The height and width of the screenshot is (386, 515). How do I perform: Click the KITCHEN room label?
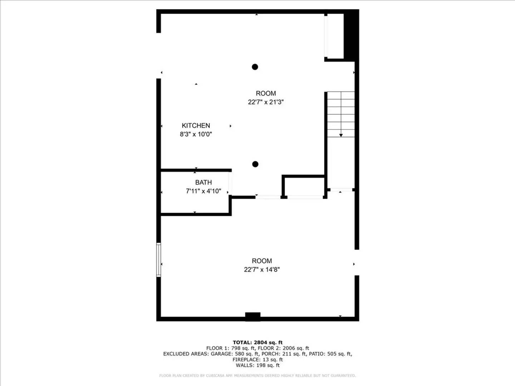(196, 125)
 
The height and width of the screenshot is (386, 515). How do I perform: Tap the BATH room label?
(203, 182)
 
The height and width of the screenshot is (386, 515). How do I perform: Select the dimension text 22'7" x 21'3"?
(266, 102)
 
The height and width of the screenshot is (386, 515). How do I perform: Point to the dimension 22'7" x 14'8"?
(262, 269)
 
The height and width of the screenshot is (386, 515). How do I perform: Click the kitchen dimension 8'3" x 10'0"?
(196, 134)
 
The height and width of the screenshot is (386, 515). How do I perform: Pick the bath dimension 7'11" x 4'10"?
(203, 191)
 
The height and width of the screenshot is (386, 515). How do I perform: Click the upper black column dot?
(255, 67)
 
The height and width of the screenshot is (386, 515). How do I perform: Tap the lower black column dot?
(255, 164)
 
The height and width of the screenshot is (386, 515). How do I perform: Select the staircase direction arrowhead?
(341, 135)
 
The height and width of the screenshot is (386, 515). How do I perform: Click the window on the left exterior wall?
(158, 260)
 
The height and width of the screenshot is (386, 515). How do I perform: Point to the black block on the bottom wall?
(252, 316)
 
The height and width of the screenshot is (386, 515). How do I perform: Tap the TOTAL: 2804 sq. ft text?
(257, 342)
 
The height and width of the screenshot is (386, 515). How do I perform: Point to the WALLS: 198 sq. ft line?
(257, 365)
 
